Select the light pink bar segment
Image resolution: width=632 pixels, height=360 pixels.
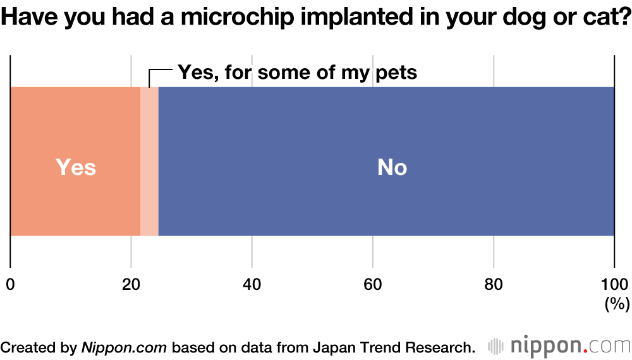click(149, 162)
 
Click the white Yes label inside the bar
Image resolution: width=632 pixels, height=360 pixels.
click(76, 167)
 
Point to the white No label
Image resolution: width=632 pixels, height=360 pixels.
click(392, 167)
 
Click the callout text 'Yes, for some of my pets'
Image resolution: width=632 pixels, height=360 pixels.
click(297, 72)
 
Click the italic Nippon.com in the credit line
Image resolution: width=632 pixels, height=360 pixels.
click(124, 347)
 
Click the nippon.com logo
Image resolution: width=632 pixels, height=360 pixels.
click(559, 346)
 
